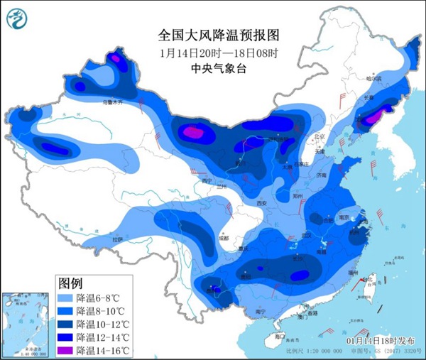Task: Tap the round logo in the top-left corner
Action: pos(19,19)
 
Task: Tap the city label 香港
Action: pos(311,313)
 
